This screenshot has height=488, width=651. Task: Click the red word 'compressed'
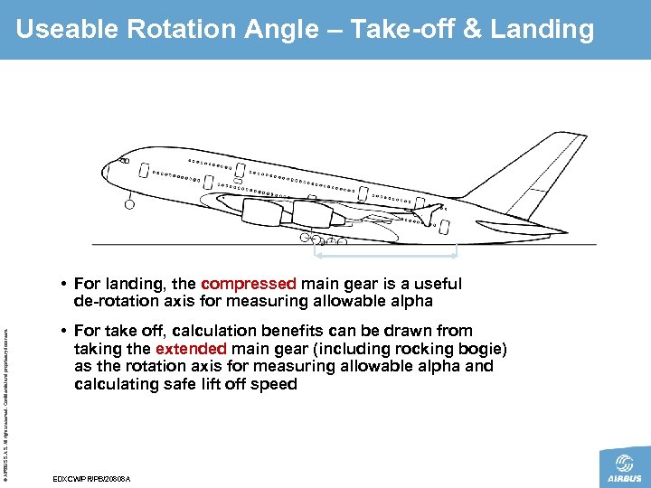[x=250, y=284]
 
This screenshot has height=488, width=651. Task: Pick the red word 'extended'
[x=188, y=349]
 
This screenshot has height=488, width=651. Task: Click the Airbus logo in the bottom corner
[x=624, y=466]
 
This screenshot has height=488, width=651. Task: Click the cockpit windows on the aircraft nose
[x=122, y=162]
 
